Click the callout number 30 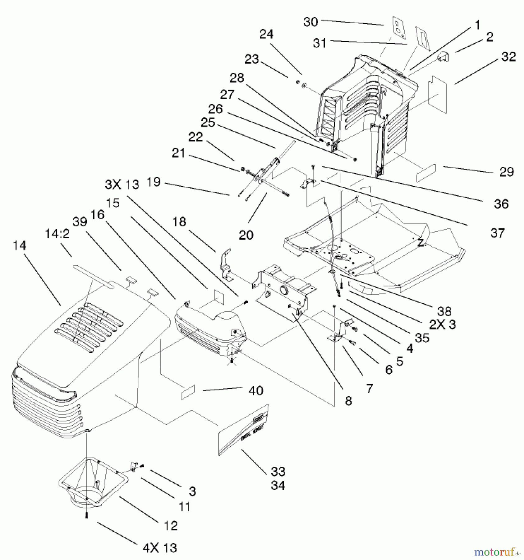pos(310,22)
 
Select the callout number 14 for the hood pos(19,246)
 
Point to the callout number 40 pos(256,390)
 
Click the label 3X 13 pos(122,184)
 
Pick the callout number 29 pos(507,172)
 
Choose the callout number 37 pos(498,233)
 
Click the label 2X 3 pos(443,324)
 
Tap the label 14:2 pos(57,234)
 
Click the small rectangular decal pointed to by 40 pos(188,392)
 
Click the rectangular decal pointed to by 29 pos(426,173)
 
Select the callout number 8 pos(348,401)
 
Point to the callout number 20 pos(246,235)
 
